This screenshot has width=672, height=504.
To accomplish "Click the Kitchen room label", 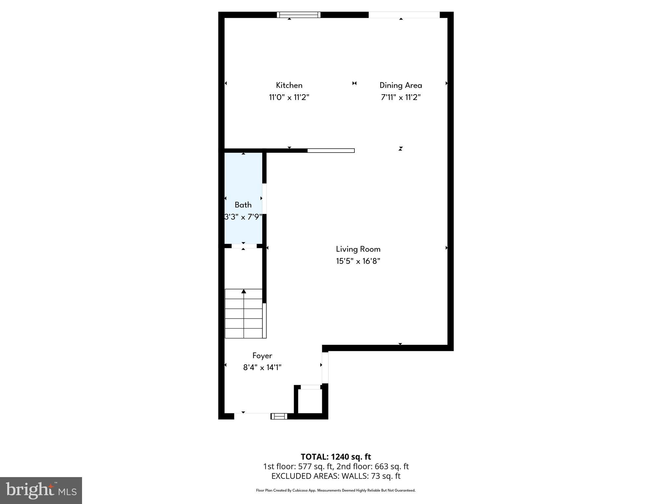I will pyautogui.click(x=289, y=85).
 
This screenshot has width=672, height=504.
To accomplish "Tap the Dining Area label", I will pyautogui.click(x=401, y=85).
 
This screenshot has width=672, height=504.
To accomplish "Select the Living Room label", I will pyautogui.click(x=358, y=249).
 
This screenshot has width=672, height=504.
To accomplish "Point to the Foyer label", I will pyautogui.click(x=262, y=356).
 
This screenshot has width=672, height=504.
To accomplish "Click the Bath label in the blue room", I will pyautogui.click(x=243, y=205).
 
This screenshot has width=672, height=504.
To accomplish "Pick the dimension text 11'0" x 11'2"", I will pyautogui.click(x=289, y=97).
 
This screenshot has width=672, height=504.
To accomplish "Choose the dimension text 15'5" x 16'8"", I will pyautogui.click(x=358, y=261).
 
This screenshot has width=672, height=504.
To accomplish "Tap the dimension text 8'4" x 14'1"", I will pyautogui.click(x=262, y=367).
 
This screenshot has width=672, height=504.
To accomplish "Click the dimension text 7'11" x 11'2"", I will pyautogui.click(x=401, y=97).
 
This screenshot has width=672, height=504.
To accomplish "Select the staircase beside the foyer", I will pyautogui.click(x=244, y=314).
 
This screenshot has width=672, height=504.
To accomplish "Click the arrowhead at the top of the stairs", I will pyautogui.click(x=244, y=291).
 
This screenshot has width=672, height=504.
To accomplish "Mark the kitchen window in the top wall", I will pyautogui.click(x=299, y=15).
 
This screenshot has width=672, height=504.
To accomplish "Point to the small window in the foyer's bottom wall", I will pyautogui.click(x=279, y=416).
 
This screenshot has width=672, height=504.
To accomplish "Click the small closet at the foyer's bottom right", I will pyautogui.click(x=310, y=401).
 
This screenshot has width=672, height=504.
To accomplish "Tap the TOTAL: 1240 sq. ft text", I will pyautogui.click(x=336, y=457).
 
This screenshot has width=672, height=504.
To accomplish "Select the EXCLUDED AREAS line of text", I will pyautogui.click(x=336, y=476).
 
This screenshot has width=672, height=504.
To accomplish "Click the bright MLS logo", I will pyautogui.click(x=41, y=490).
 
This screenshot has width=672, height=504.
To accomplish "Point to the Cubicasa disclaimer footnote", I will pyautogui.click(x=336, y=491).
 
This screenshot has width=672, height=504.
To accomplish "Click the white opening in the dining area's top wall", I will pyautogui.click(x=404, y=15).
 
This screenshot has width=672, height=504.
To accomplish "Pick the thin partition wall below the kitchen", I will pyautogui.click(x=331, y=151).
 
